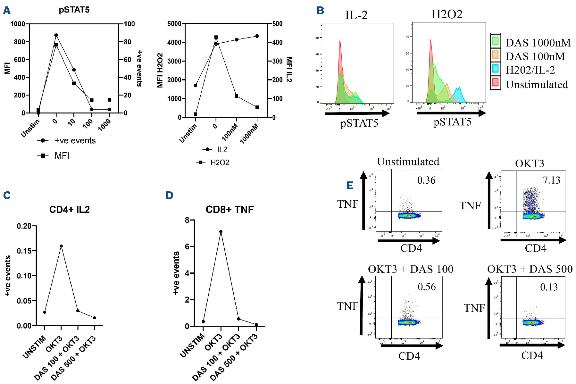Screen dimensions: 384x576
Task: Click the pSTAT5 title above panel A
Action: (x=74, y=10)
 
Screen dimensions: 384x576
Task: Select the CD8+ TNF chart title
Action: (x=230, y=209)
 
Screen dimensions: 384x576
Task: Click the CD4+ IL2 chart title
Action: (x=70, y=209)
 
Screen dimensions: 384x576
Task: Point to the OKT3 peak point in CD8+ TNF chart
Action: (x=221, y=231)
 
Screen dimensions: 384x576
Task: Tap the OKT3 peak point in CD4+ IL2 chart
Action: (x=61, y=246)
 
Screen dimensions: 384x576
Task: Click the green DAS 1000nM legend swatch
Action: (x=496, y=41)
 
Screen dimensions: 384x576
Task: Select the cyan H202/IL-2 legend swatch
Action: (x=496, y=69)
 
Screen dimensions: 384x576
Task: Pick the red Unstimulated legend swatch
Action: (x=496, y=83)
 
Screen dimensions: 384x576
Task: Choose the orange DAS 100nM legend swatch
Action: (x=496, y=55)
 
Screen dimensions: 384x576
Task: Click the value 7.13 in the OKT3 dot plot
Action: (x=551, y=180)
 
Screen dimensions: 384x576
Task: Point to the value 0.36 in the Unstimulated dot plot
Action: (x=426, y=180)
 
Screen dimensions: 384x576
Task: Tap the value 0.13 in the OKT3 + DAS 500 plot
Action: (x=549, y=287)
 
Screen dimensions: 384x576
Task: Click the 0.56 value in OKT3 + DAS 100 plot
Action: (x=427, y=287)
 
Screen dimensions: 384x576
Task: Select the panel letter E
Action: (x=350, y=185)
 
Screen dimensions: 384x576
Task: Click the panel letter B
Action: (x=320, y=11)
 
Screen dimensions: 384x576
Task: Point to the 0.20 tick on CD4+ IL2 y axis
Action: (x=24, y=226)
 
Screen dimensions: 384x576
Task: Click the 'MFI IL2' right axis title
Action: (x=289, y=70)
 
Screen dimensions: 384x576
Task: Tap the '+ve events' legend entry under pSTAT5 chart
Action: (x=75, y=140)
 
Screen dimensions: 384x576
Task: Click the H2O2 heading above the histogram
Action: (x=447, y=14)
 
